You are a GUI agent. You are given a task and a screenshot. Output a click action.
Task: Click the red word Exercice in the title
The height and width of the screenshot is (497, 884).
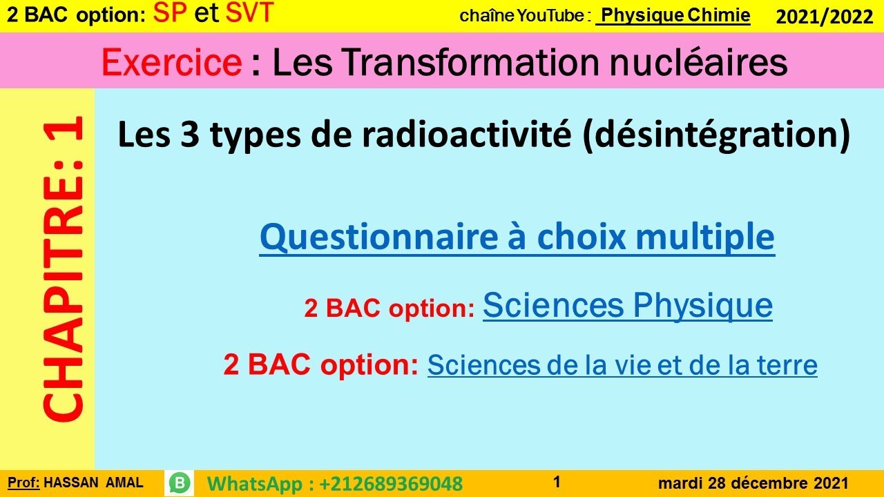pyautogui.click(x=171, y=63)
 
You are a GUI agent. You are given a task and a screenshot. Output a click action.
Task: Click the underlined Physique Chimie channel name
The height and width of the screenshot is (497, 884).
pyautogui.click(x=673, y=16)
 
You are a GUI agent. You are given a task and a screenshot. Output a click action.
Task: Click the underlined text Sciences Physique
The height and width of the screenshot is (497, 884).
pyautogui.click(x=627, y=305)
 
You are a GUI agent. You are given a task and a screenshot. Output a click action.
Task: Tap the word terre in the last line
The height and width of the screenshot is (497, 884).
pyautogui.click(x=790, y=364)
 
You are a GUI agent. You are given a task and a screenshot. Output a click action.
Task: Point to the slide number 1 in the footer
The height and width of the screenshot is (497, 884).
pyautogui.click(x=557, y=481)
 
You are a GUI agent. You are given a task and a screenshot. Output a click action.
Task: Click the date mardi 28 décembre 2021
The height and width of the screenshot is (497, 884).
pyautogui.click(x=753, y=483)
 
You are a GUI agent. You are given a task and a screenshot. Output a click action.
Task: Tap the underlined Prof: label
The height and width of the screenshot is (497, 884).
pyautogui.click(x=24, y=483)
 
